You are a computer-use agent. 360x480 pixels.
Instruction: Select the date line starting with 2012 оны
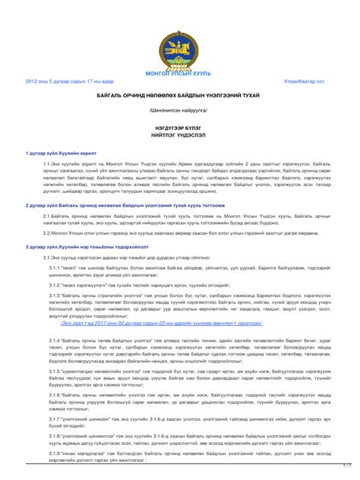tap(69, 81)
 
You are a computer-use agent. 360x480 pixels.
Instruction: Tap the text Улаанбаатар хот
tap(305, 81)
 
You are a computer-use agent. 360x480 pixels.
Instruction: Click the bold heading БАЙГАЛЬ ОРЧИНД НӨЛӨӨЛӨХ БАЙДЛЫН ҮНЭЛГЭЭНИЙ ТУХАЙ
tap(179, 96)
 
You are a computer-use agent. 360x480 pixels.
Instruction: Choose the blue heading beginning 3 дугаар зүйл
tap(84, 247)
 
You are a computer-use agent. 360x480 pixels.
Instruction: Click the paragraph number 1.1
tap(48, 164)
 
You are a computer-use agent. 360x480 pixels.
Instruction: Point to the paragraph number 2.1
tap(48, 216)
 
